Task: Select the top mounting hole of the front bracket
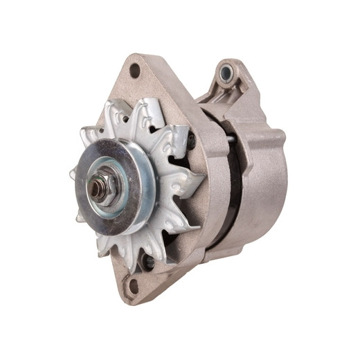point(134,70)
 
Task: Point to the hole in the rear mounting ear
point(226,73)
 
